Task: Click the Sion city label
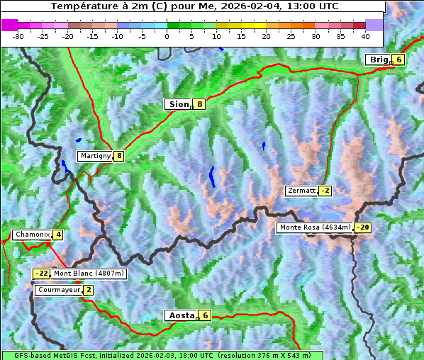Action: (178, 104)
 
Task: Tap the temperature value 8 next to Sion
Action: (200, 104)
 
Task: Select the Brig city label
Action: (378, 60)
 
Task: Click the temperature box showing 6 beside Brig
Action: (398, 60)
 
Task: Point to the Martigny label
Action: (95, 156)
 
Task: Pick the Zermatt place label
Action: (301, 191)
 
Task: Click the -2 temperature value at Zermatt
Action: (325, 191)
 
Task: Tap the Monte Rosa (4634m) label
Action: (315, 227)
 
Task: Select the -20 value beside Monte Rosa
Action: (362, 227)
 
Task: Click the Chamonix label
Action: (32, 235)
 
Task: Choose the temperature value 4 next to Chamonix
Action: (58, 235)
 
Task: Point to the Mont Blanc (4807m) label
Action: (89, 274)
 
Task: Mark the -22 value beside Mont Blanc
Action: (42, 274)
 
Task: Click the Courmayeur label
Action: (59, 290)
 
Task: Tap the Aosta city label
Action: (180, 315)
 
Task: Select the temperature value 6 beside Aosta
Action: (205, 315)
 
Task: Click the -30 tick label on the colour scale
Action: (18, 35)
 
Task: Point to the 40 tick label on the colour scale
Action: (365, 35)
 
